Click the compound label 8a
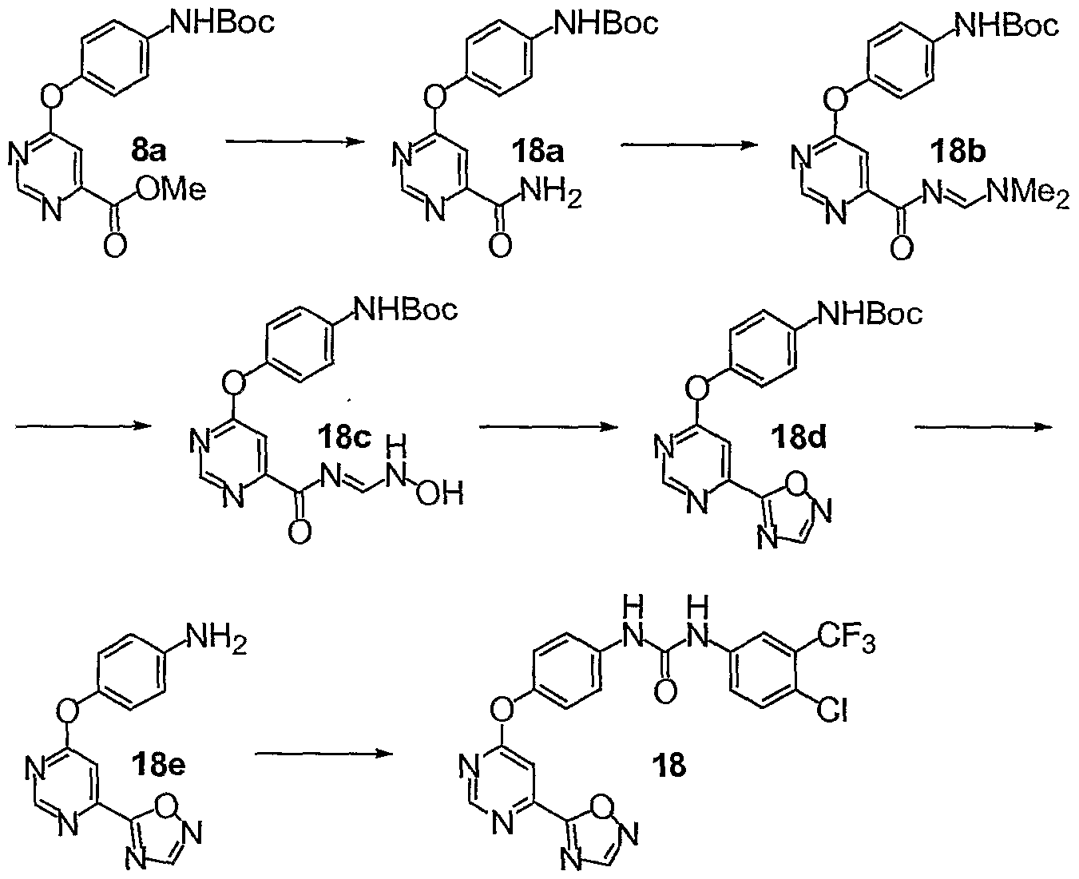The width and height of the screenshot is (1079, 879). [x=148, y=151]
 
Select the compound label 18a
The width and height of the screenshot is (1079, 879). [x=538, y=152]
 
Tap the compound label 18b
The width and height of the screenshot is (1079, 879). [x=958, y=152]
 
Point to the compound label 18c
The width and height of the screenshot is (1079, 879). [x=344, y=437]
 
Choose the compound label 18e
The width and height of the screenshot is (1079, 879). [x=158, y=765]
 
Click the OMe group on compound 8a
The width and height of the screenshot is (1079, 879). [x=171, y=190]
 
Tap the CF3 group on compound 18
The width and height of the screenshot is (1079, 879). [x=846, y=639]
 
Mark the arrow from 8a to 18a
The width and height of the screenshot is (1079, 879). [x=296, y=142]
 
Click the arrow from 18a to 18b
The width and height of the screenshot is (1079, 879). [x=690, y=145]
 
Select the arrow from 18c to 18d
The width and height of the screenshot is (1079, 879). [x=549, y=427]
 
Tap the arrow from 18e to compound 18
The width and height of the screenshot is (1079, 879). [x=323, y=754]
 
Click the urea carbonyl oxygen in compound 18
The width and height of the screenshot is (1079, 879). [x=665, y=691]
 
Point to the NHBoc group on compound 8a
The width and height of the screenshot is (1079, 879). [x=222, y=22]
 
